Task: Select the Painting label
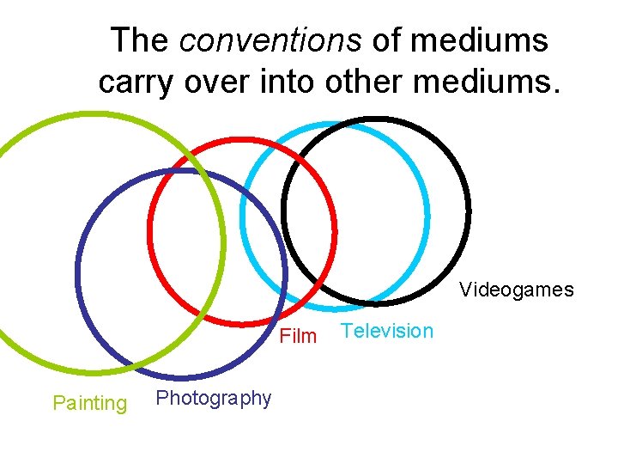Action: pyautogui.click(x=90, y=403)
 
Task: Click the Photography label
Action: pyautogui.click(x=214, y=399)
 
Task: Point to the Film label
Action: pyautogui.click(x=299, y=336)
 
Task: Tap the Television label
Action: pyautogui.click(x=387, y=332)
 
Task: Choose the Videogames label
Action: pyautogui.click(x=516, y=290)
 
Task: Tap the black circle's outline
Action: pyautogui.click(x=470, y=211)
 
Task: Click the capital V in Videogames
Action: pyautogui.click(x=465, y=290)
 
